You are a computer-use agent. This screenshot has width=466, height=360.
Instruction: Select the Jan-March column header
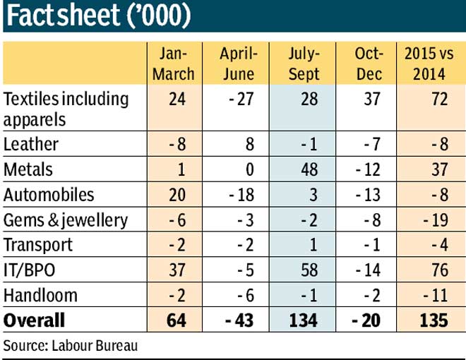174,64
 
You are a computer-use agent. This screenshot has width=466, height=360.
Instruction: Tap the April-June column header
239,64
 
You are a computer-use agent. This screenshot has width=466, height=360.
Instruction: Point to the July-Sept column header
304,64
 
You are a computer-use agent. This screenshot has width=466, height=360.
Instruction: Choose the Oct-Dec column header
369,64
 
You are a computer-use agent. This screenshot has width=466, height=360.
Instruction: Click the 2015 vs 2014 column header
429,64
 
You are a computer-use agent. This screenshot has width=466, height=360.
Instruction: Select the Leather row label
31,145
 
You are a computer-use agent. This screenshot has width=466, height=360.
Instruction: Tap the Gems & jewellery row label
66,220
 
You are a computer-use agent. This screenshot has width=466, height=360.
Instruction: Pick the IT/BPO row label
30,270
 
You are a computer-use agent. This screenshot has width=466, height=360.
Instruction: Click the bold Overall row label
34,320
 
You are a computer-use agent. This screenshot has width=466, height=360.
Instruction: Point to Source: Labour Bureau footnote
71,346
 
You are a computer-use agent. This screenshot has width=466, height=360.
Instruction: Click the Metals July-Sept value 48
309,169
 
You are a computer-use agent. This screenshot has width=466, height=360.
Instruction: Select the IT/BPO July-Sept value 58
309,270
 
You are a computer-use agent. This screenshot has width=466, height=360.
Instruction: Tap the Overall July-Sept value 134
304,320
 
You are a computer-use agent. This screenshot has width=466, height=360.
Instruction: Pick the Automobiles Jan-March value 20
177,195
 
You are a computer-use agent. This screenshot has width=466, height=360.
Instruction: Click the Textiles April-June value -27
241,99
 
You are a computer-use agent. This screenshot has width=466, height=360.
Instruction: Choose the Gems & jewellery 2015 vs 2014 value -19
436,220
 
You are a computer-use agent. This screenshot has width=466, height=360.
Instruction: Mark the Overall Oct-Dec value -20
366,320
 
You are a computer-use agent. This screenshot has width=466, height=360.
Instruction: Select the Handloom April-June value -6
246,296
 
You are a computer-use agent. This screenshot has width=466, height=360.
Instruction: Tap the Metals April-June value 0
250,169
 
